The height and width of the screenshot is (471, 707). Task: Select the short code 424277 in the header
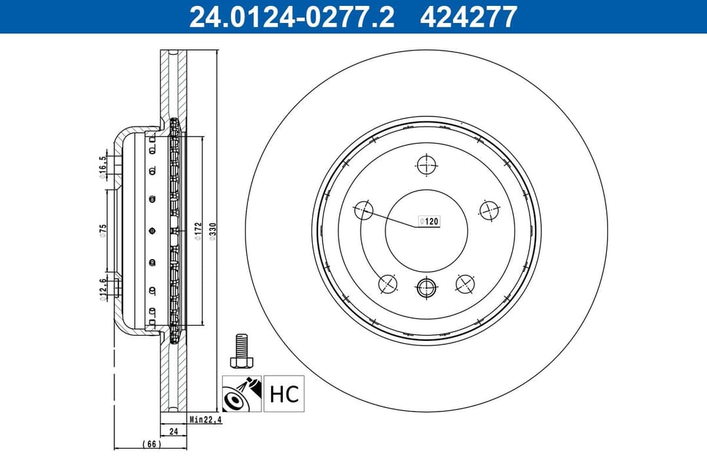pyautogui.click(x=469, y=16)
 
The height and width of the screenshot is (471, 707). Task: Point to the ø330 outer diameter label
pyautogui.click(x=212, y=231)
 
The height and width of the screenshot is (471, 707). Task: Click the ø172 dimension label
pyautogui.click(x=197, y=231)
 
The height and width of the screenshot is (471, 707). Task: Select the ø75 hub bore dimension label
pyautogui.click(x=103, y=231)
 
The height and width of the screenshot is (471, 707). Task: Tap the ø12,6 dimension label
pyautogui.click(x=103, y=288)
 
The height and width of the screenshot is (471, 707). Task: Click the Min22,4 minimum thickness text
pyautogui.click(x=206, y=420)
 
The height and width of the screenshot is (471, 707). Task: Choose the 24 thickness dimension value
pyautogui.click(x=173, y=431)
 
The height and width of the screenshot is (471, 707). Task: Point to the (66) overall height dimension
pyautogui.click(x=151, y=444)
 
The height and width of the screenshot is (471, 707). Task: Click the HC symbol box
pyautogui.click(x=284, y=393)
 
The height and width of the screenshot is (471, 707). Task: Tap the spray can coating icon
pyautogui.click(x=242, y=393)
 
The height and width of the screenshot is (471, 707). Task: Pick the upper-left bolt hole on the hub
pyautogui.click(x=363, y=211)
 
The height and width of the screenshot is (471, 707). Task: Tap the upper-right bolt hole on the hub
pyautogui.click(x=489, y=210)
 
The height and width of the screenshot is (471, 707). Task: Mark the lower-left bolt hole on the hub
pyautogui.click(x=388, y=283)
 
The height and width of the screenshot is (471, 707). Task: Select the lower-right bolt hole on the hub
pyautogui.click(x=465, y=283)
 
